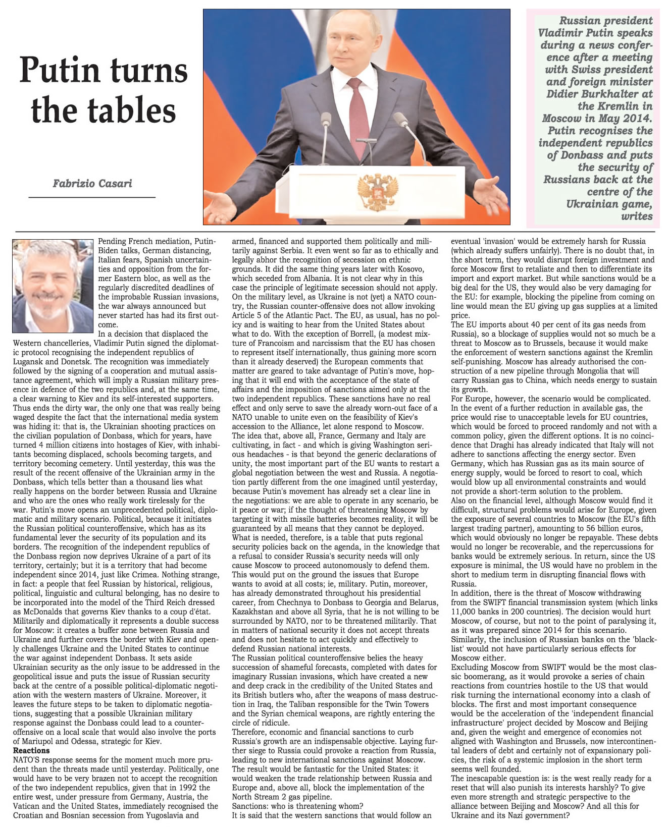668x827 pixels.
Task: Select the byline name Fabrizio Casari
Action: [x=92, y=183]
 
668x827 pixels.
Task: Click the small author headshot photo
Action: [x=53, y=286]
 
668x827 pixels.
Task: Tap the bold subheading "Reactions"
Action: [x=31, y=750]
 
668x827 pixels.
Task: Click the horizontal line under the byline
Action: [x=92, y=197]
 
